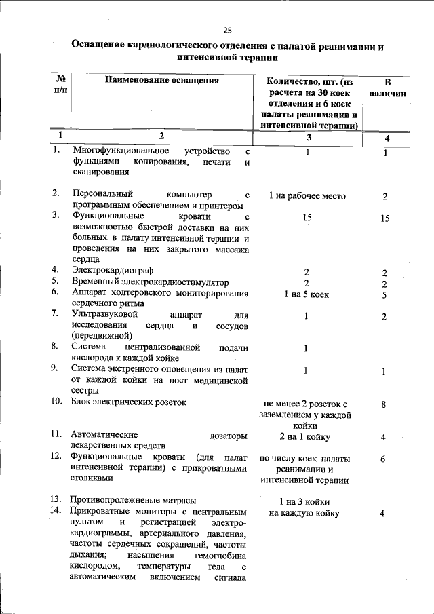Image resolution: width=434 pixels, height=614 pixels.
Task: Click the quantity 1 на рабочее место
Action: (x=307, y=196)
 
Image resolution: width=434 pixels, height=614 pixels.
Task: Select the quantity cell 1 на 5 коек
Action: (x=307, y=294)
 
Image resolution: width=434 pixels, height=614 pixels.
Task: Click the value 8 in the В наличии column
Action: (x=384, y=405)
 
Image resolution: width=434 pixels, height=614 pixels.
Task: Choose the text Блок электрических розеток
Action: (x=128, y=401)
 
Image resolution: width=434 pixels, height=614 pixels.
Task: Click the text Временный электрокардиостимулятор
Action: (x=150, y=282)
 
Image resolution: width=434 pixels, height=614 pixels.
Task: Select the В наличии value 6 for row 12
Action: (x=383, y=459)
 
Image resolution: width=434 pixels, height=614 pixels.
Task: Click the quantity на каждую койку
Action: (x=304, y=514)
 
